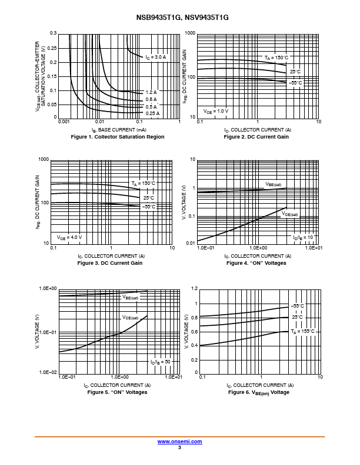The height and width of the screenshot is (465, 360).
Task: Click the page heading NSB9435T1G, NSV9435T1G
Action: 180,18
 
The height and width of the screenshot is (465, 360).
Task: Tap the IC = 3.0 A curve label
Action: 156,57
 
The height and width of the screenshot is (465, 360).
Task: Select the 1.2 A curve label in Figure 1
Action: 151,92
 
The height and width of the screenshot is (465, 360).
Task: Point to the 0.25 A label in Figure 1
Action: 152,113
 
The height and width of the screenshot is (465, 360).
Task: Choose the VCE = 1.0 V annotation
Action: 216,111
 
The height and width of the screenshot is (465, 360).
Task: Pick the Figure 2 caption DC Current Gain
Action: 256,137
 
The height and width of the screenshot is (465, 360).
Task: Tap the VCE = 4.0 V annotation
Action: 69,237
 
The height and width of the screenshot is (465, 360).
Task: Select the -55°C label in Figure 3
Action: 149,207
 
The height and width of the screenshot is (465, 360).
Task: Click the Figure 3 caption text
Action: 110,263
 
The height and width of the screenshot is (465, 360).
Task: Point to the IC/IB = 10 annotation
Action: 304,237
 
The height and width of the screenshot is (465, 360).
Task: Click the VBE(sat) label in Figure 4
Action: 274,184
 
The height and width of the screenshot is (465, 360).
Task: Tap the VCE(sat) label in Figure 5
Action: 131,318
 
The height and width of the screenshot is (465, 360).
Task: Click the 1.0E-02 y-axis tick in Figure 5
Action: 48,372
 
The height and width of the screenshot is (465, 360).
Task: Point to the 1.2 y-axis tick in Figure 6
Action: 195,289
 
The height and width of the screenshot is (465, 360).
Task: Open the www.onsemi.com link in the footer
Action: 180,441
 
